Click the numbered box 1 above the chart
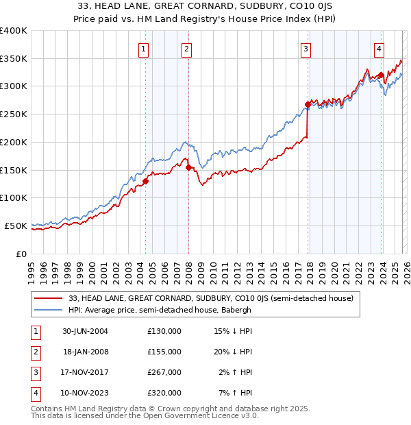[x=144, y=49]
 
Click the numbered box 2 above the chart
[x=186, y=49]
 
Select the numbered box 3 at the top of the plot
[x=306, y=49]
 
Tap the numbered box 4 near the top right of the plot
[x=378, y=49]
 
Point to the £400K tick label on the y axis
[x=14, y=31]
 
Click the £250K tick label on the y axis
[x=14, y=114]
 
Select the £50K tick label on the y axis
[x=16, y=226]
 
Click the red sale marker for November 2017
[x=308, y=105]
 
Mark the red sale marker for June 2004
[x=146, y=182]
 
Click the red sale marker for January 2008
[x=188, y=167]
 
